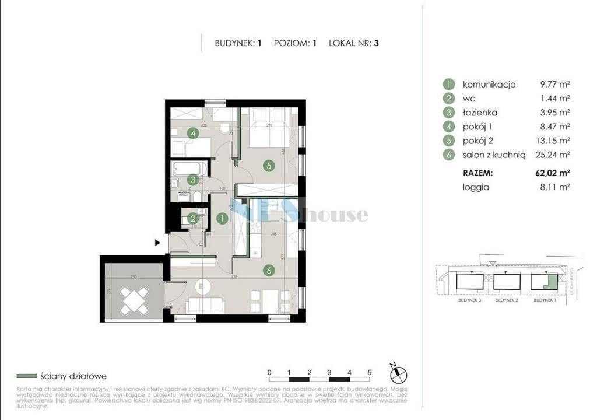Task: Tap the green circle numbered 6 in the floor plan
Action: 268,270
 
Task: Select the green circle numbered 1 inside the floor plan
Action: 222,219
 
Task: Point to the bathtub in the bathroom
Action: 187,169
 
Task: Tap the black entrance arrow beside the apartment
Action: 157,243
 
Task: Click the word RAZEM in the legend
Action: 478,173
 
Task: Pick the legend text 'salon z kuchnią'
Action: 494,155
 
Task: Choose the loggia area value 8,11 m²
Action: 555,187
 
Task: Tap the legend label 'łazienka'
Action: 480,113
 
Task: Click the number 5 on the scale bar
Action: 370,372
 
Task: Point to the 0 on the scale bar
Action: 269,372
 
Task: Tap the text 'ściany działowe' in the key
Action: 73,376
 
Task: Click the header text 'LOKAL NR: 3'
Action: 354,43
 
